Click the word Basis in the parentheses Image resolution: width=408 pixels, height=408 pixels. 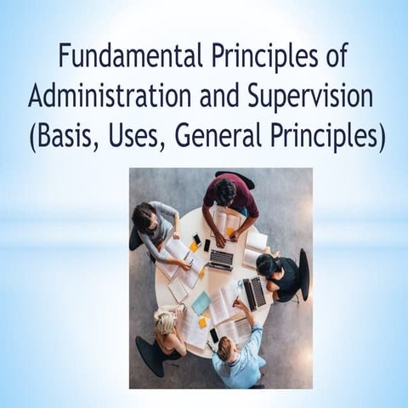70,136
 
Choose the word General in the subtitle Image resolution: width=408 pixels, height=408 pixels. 225,136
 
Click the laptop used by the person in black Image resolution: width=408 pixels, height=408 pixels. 253,292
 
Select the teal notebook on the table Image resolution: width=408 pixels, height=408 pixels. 201,303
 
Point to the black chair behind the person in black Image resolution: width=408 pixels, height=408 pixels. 303,274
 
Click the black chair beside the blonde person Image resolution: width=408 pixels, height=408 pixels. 150,355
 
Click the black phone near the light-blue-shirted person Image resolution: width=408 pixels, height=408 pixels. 214,335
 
